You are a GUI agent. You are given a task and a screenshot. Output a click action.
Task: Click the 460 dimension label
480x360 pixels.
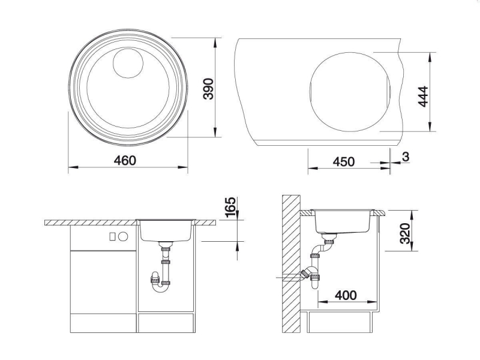[x=125, y=160]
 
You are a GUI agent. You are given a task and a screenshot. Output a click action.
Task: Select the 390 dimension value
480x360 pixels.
[x=208, y=89]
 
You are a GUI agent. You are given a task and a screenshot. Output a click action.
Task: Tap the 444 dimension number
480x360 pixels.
[x=423, y=97]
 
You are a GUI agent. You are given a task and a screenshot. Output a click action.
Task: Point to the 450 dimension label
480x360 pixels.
[x=343, y=161]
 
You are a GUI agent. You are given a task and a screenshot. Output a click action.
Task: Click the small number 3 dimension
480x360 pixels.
[x=406, y=157]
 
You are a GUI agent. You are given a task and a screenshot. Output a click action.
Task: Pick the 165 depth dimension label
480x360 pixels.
[x=230, y=207]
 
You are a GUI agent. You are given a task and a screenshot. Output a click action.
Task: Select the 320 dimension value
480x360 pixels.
[x=405, y=233]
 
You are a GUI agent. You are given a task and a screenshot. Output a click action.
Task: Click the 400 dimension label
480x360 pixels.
[x=346, y=295]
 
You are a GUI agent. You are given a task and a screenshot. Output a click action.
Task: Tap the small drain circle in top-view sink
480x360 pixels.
[x=128, y=63]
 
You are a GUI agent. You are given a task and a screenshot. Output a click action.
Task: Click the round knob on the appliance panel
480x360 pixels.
[x=124, y=236]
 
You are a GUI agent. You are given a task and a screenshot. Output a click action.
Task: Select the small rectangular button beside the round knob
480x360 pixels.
[x=113, y=236]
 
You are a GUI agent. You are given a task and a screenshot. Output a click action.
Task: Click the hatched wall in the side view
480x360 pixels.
[x=291, y=264]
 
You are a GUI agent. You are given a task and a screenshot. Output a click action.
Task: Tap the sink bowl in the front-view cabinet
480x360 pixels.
[x=166, y=231]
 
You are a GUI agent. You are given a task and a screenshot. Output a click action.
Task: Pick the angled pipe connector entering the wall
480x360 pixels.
[x=305, y=274]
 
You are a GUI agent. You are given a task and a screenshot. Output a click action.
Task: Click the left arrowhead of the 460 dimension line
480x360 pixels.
[x=73, y=167]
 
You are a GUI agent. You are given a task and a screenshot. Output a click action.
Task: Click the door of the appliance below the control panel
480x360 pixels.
[x=103, y=282]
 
